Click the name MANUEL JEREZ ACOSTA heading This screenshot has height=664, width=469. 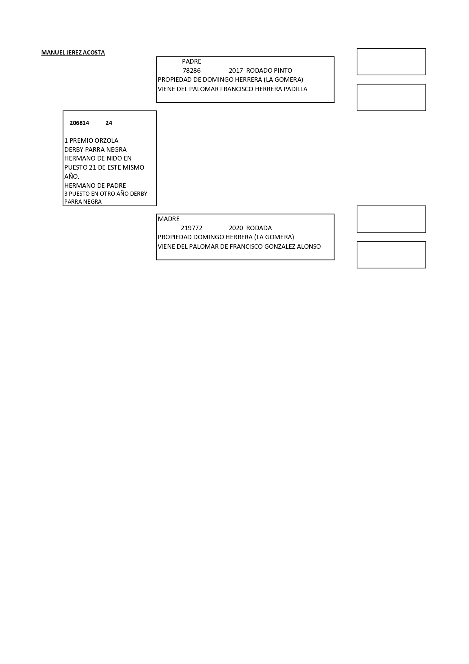pyautogui.click(x=73, y=53)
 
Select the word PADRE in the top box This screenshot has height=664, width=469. pyautogui.click(x=191, y=61)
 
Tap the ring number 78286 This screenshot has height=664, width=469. pyautogui.click(x=191, y=70)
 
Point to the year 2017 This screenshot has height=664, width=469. pyautogui.click(x=236, y=70)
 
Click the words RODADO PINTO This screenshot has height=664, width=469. pyautogui.click(x=269, y=70)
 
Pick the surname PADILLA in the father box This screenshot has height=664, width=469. pyautogui.click(x=295, y=89)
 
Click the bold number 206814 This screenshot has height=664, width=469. pyautogui.click(x=79, y=123)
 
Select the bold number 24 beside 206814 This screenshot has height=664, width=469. pyautogui.click(x=109, y=123)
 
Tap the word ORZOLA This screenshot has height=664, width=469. pyautogui.click(x=106, y=140)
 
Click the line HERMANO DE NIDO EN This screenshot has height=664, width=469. pyautogui.click(x=98, y=158)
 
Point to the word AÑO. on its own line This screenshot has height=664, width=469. pyautogui.click(x=72, y=176)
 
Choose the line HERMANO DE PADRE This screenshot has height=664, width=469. pyautogui.click(x=95, y=185)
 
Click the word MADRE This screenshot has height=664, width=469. pyautogui.click(x=169, y=219)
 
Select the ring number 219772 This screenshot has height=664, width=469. pyautogui.click(x=192, y=228)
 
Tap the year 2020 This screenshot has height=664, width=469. pyautogui.click(x=236, y=228)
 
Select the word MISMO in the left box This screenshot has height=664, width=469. pyautogui.click(x=133, y=167)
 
